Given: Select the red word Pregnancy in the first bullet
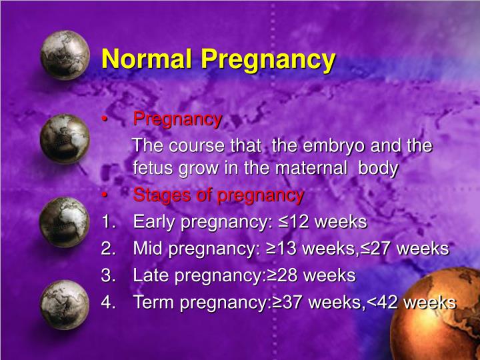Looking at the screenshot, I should click(177, 119).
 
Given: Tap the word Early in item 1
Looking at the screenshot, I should click(153, 222).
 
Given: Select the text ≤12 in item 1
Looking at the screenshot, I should click(291, 222).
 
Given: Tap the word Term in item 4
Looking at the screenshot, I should click(153, 302).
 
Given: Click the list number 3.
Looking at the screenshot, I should click(107, 275).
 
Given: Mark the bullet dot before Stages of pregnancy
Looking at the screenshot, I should click(105, 196).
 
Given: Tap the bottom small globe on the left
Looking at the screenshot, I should click(63, 304).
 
